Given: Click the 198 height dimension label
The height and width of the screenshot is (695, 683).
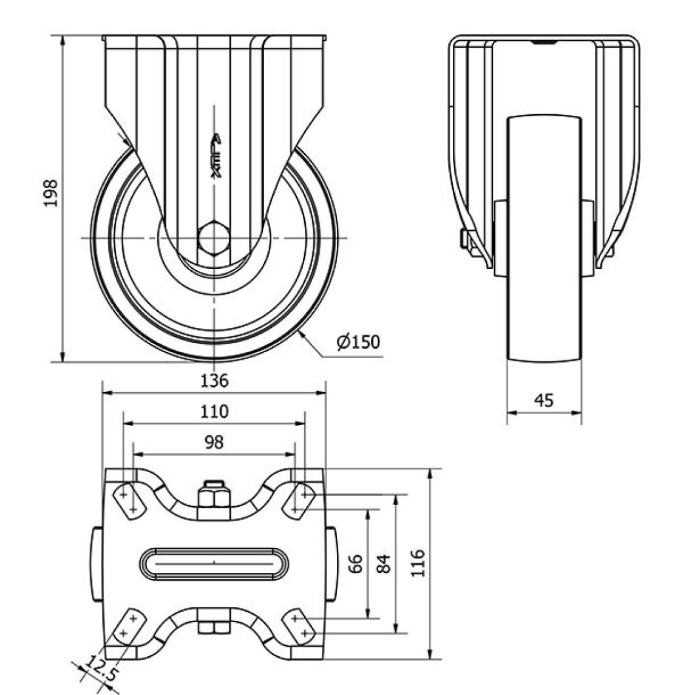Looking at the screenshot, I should coord(51,193).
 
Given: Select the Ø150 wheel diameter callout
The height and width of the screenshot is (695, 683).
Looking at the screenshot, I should coord(359,342).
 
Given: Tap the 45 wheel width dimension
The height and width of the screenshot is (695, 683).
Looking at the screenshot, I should coord(544,400).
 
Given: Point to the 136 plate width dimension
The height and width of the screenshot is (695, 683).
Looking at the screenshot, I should coord(214,380).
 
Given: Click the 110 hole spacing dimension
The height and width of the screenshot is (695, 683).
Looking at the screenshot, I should coord(214,412).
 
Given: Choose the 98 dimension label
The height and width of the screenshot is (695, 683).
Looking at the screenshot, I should coord(214,443).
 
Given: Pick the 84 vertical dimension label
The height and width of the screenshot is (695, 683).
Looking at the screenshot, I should coord(385,563).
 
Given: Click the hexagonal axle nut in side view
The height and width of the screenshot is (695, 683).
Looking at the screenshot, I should coord(213,237).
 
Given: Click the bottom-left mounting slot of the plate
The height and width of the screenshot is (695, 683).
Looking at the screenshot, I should coord(128,625).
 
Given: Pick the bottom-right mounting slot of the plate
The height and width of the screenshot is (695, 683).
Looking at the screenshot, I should coord(300,625).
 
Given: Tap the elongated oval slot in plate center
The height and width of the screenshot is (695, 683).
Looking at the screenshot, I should coord(214,563).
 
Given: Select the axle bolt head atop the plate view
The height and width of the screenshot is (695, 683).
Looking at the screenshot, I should coord(214,495).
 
